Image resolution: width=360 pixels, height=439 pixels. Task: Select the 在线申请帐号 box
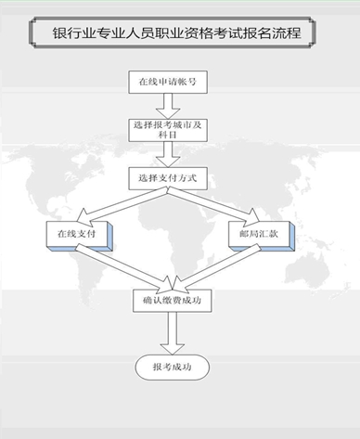167,82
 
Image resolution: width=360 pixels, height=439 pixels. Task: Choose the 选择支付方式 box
167,176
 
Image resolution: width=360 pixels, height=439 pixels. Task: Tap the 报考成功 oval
172,368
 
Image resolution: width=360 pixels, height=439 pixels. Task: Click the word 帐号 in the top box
183,82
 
